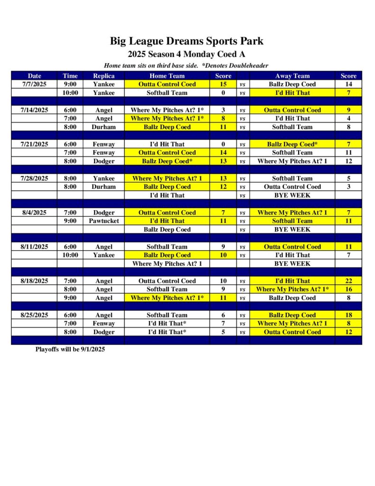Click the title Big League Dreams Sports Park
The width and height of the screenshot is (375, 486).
pyautogui.click(x=186, y=41)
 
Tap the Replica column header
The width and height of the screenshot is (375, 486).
pyautogui.click(x=103, y=75)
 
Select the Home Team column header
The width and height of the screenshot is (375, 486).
pyautogui.click(x=167, y=75)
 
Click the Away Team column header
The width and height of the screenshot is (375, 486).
pyautogui.click(x=292, y=75)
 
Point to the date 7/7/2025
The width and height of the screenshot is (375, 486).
pyautogui.click(x=34, y=84)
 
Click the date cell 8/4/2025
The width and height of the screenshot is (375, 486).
pyautogui.click(x=34, y=212)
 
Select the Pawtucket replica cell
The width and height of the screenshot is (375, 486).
pyautogui.click(x=103, y=221)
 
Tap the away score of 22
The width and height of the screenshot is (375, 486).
pyautogui.click(x=348, y=280)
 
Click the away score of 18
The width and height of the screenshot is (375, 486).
pyautogui.click(x=348, y=315)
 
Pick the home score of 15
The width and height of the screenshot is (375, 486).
pyautogui.click(x=223, y=84)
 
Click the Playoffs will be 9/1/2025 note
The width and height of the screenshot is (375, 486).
pyautogui.click(x=70, y=349)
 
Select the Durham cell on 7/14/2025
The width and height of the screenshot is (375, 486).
pyautogui.click(x=103, y=127)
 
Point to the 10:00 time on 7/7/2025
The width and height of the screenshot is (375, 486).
pyautogui.click(x=70, y=93)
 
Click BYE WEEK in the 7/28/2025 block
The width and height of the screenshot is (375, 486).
pyautogui.click(x=292, y=195)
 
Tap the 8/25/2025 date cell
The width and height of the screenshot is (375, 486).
pyautogui.click(x=34, y=315)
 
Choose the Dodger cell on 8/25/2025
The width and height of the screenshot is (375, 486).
pyautogui.click(x=103, y=332)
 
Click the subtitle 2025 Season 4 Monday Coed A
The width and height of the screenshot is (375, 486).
pyautogui.click(x=186, y=54)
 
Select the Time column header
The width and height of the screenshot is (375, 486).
pyautogui.click(x=70, y=75)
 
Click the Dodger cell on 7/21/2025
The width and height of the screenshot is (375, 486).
pyautogui.click(x=103, y=161)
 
